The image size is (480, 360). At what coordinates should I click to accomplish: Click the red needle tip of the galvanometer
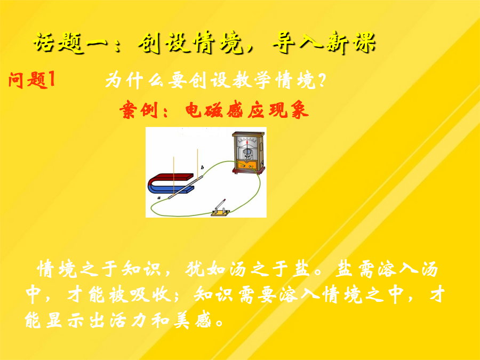coord(247,142)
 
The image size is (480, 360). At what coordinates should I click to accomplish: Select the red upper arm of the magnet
coord(171,177)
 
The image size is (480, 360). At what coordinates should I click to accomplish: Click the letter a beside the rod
coord(159,198)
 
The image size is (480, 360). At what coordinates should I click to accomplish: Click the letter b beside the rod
coord(202,167)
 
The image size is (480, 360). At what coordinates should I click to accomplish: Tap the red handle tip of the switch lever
coord(225,200)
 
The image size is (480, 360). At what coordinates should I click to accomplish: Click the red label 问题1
coord(32,80)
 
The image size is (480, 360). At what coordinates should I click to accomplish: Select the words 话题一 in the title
coord(70,42)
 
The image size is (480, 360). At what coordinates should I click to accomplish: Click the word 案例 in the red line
coord(140,110)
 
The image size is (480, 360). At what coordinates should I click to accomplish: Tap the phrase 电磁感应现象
coord(247,110)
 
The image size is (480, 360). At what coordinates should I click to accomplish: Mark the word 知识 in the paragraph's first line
coord(141,269)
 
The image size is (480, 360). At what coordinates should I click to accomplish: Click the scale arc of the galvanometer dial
coord(247,141)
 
